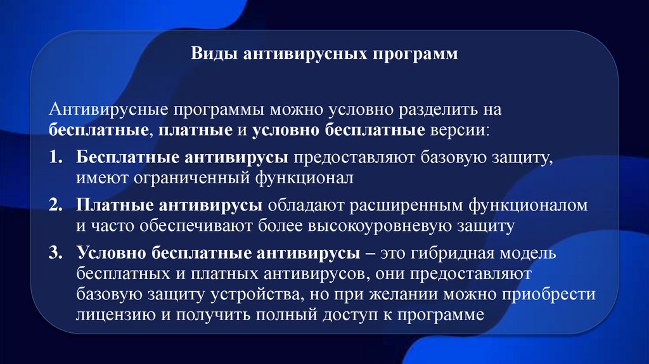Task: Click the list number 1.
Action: point(55,156)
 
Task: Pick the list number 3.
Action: point(55,253)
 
